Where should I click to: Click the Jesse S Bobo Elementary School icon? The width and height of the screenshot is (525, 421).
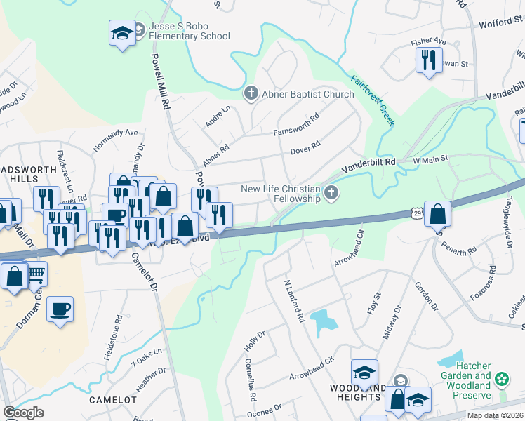point(123,32)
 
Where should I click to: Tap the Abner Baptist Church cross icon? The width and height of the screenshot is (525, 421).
point(249,93)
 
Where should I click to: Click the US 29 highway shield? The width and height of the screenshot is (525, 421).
point(418,212)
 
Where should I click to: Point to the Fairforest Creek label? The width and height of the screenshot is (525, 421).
point(373,100)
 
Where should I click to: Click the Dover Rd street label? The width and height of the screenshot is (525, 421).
point(305,147)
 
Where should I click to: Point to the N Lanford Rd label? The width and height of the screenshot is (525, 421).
point(293,301)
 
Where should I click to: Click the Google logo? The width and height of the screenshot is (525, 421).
point(23,413)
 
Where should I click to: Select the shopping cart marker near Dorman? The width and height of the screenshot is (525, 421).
point(35,276)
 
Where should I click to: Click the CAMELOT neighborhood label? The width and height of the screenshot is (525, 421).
point(112,399)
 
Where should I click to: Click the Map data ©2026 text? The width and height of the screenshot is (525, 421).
point(496,415)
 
